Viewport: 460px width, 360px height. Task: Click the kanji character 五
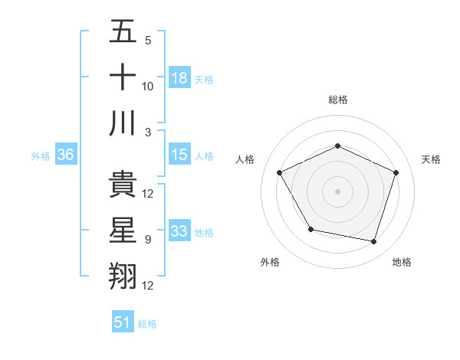coord(123,32)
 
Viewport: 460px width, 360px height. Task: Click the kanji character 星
coord(123,231)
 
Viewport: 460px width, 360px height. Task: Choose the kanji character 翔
coord(123,277)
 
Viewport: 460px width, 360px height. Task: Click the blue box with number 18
coord(179,77)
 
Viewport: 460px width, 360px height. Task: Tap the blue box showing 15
coord(179,155)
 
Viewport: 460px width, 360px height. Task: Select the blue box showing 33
coord(179,231)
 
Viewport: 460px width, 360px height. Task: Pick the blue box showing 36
coord(66,155)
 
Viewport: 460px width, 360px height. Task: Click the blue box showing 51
coord(123,322)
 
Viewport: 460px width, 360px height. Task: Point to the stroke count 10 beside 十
coord(148,87)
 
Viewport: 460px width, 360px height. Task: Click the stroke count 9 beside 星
coord(147,240)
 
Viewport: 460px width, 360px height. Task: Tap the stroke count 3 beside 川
coord(147,132)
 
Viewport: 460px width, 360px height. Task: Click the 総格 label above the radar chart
coord(337,100)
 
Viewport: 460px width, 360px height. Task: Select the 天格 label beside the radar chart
coord(431,159)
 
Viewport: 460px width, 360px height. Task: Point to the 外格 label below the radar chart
coord(270,262)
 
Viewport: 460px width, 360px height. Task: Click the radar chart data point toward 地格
coord(374,242)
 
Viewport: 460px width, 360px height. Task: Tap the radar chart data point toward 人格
coord(279,172)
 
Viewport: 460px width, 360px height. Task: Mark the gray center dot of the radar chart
coord(337,191)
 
